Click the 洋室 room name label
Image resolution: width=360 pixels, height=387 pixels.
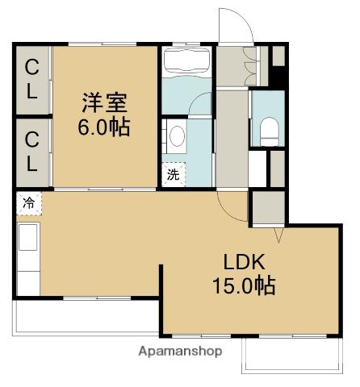click(104, 102)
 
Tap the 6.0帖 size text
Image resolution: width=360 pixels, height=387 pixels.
click(104, 127)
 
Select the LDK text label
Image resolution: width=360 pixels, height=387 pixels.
click(245, 262)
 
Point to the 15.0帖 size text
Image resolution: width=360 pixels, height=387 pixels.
click(244, 285)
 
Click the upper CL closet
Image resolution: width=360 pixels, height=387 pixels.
click(32, 79)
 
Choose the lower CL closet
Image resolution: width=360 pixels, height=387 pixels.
click(32, 152)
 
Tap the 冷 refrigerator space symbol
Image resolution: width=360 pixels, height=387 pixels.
click(29, 203)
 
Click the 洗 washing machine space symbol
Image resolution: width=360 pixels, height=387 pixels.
click(174, 174)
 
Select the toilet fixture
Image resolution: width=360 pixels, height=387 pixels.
click(269, 131)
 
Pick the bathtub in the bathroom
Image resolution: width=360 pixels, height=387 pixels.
click(187, 60)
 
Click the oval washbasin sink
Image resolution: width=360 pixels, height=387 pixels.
click(177, 136)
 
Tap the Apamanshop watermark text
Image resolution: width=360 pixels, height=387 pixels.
click(180, 352)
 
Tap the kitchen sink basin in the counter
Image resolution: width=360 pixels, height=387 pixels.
click(27, 237)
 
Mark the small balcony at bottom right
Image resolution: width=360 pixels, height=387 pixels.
click(292, 356)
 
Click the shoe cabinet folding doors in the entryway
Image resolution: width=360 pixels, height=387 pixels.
click(251, 66)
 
